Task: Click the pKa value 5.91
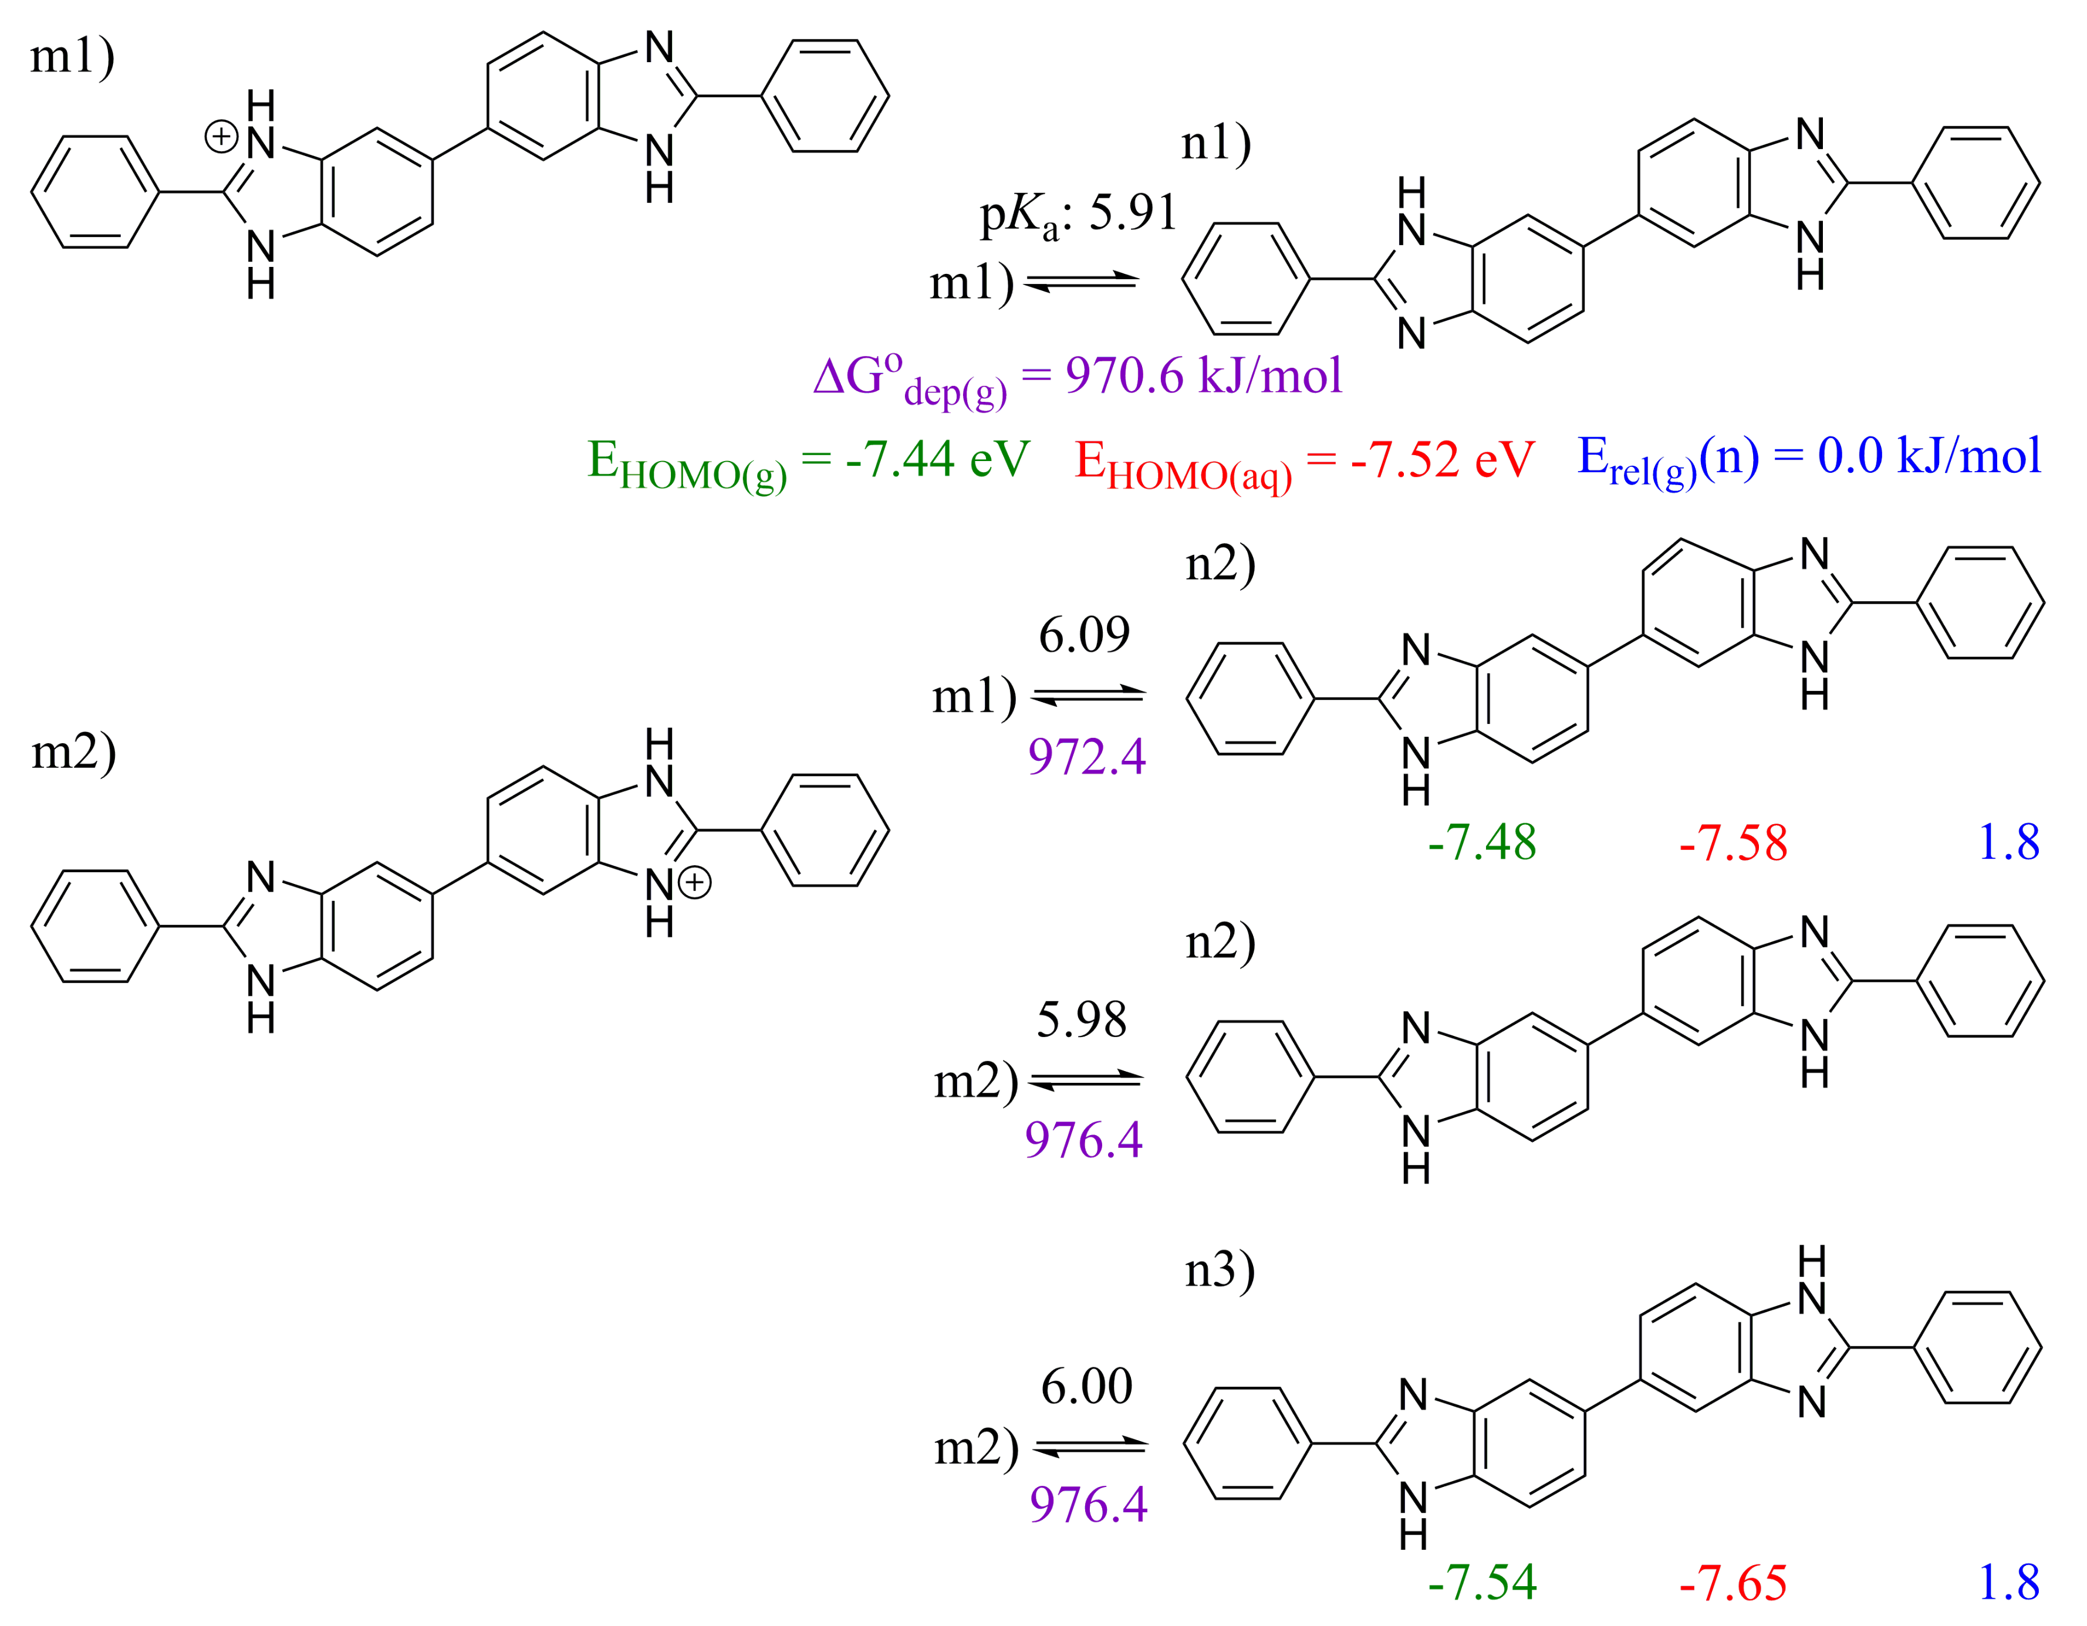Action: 1132,212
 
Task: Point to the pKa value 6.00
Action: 1086,1386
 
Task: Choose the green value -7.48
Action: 1481,842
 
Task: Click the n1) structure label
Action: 1215,144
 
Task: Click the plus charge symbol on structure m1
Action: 221,137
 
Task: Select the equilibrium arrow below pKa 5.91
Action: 1081,282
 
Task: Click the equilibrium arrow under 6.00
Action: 1089,1447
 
